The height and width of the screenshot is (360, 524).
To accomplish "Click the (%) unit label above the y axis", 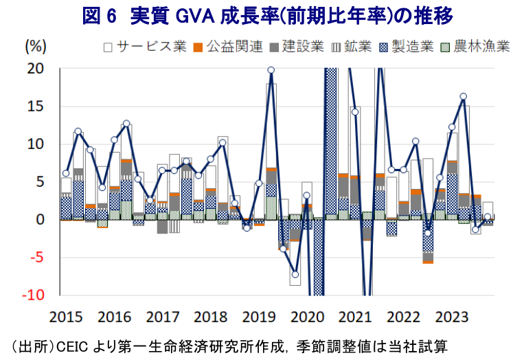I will [x=36, y=47].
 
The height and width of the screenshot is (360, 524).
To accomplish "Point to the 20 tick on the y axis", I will [x=36, y=69].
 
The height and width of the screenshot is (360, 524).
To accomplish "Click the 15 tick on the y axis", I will [x=36, y=106].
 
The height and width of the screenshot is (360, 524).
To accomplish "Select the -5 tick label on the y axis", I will [x=36, y=258].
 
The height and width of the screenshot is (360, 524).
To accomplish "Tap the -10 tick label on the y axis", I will [x=33, y=295].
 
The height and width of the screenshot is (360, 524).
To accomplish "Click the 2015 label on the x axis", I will [x=66, y=317].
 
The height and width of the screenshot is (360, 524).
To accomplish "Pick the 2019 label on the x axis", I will [x=259, y=317].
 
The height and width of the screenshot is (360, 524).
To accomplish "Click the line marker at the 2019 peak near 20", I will [x=271, y=70].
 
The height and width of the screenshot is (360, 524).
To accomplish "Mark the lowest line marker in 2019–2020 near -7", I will [x=295, y=275].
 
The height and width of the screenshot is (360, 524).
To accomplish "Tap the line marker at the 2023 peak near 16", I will [x=464, y=96].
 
